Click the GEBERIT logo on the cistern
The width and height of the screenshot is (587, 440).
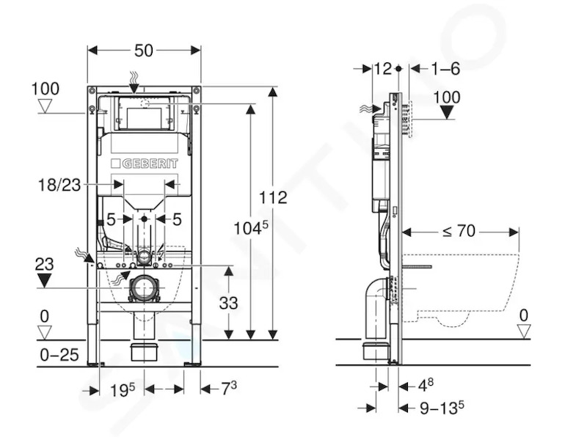coord(144,164)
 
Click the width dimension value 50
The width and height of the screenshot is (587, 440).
coord(144,51)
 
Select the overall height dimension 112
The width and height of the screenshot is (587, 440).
coord(273,197)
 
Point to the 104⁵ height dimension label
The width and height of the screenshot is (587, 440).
coord(251,227)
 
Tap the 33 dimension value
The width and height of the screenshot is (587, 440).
coord(228,303)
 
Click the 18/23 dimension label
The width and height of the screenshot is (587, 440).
coord(59,185)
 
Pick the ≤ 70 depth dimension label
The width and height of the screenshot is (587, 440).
coord(459,231)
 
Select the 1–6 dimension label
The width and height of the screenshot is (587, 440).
coord(445,69)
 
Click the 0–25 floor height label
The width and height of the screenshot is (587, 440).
coord(59,355)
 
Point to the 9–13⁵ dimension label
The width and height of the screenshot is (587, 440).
coord(442,408)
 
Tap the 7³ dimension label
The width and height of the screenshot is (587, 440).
coord(229,389)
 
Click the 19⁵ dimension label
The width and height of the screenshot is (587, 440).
coord(123,390)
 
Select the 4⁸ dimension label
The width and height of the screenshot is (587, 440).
coord(426,385)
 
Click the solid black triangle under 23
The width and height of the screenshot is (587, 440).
coord(45,280)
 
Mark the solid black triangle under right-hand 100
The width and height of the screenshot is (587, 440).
coord(447,112)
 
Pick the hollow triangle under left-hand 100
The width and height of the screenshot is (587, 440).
coord(45,106)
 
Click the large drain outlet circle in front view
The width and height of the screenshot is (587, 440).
coord(143,288)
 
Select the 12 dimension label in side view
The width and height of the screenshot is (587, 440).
coord(383,68)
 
